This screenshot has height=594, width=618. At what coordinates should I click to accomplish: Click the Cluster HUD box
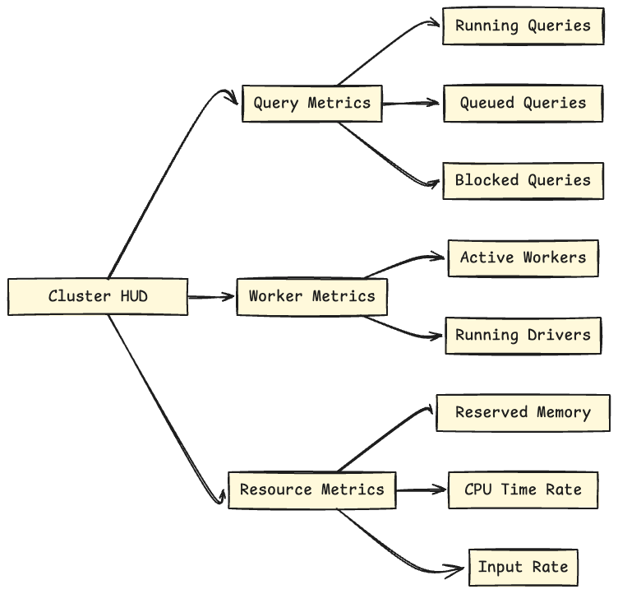pos(97,296)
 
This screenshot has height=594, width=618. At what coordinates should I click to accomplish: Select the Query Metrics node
pos(311,104)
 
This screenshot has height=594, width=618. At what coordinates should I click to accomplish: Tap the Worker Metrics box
pos(311,296)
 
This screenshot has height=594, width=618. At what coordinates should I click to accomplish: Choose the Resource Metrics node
pos(311,490)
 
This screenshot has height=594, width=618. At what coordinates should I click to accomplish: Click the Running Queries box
pos(523,26)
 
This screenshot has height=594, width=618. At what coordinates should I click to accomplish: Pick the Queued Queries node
pos(523,104)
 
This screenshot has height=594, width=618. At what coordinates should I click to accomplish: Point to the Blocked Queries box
pos(523,180)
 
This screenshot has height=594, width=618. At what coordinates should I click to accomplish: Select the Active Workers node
pos(523,258)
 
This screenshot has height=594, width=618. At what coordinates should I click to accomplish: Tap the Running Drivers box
pos(523,335)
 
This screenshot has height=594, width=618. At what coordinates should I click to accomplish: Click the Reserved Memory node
pos(523,412)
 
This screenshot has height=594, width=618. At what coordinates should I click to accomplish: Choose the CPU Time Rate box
pos(523,490)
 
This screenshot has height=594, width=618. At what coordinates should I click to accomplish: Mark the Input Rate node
pos(523,567)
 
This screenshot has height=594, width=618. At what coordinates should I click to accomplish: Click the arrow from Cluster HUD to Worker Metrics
pos(211,296)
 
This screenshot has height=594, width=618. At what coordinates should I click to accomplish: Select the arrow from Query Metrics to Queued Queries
pos(413,104)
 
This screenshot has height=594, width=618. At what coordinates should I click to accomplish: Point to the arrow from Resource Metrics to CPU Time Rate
pos(421,490)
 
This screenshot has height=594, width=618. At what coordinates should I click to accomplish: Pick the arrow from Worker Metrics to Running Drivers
pos(406,327)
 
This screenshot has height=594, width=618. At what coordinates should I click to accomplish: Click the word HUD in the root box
pos(132,296)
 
